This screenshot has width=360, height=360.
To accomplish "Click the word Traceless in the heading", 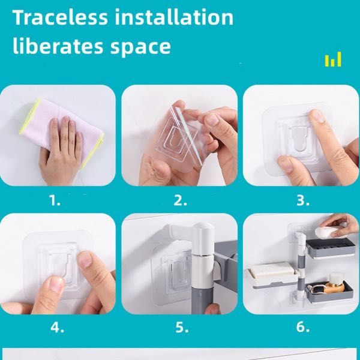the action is pos(60,17).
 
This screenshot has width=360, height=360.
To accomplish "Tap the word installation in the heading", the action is pos(174,17).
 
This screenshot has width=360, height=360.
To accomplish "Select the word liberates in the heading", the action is pos(58,46).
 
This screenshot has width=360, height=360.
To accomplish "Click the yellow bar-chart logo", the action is pos(333,59).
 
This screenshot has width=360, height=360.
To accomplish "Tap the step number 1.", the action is pos(55,200).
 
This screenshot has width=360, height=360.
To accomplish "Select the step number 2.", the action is pos(180,200).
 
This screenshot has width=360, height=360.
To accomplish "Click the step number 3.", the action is pos(303,200).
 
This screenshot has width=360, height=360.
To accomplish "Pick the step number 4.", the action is pos(57,327).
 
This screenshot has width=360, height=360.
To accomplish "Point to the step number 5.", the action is pos(182,327).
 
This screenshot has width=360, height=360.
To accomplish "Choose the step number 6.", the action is pos(303,327).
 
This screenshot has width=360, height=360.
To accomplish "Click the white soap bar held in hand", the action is pos(326,232).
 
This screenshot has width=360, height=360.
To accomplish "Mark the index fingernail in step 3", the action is pos(316,116).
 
